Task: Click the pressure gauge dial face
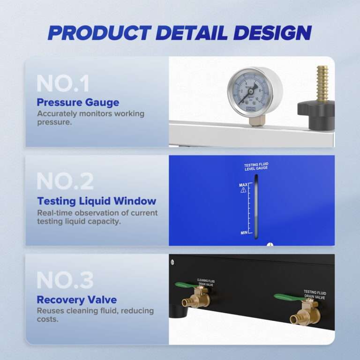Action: tap(249, 89)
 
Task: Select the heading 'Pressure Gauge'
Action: tap(78, 102)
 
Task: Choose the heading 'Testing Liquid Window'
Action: tap(97, 201)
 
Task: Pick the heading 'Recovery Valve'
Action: tap(77, 300)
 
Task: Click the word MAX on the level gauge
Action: tap(243, 185)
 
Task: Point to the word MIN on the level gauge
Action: tap(243, 232)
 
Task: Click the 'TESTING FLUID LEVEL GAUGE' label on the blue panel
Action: tap(256, 167)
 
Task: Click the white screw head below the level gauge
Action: tap(269, 244)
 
